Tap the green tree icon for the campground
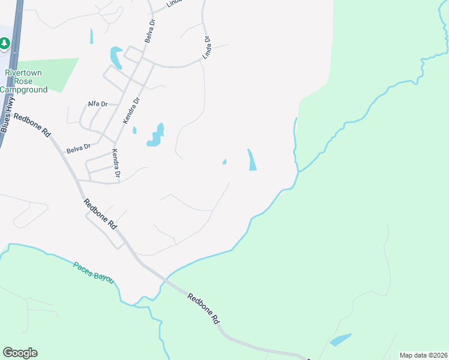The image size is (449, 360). coord(4,43)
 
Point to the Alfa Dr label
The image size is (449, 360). coord(97,104)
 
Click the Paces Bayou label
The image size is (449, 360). coord(93,272)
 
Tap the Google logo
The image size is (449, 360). coord(20,353)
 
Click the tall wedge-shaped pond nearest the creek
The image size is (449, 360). coord(252,160)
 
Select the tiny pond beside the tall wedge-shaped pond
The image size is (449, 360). coord(224,161)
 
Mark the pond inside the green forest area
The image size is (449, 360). coord(340,340)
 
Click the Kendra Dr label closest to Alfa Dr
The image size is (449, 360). coord(131,110)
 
